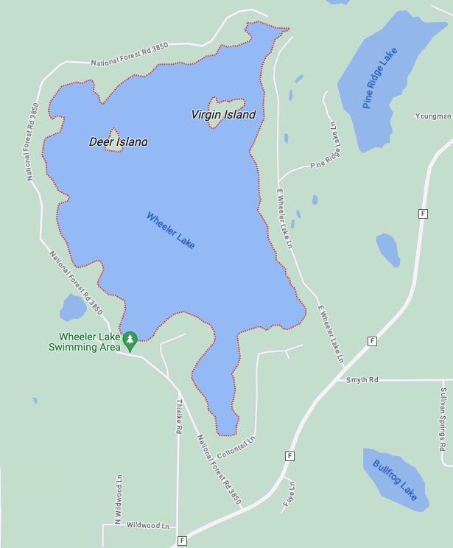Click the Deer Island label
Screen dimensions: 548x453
pyautogui.click(x=118, y=141)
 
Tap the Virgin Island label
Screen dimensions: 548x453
pyautogui.click(x=223, y=115)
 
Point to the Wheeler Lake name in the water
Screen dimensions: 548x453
pyautogui.click(x=171, y=230)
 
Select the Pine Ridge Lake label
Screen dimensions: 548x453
pyautogui.click(x=379, y=79)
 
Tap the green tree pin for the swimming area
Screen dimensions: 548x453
pyautogui.click(x=130, y=340)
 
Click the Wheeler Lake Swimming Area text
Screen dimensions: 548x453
pyautogui.click(x=82, y=342)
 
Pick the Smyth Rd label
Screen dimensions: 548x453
pyautogui.click(x=362, y=379)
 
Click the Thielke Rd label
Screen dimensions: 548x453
pyautogui.click(x=179, y=417)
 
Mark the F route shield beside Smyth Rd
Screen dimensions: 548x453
pyautogui.click(x=372, y=341)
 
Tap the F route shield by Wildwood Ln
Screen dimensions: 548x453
pyautogui.click(x=181, y=541)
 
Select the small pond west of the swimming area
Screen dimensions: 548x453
pyautogui.click(x=73, y=307)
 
